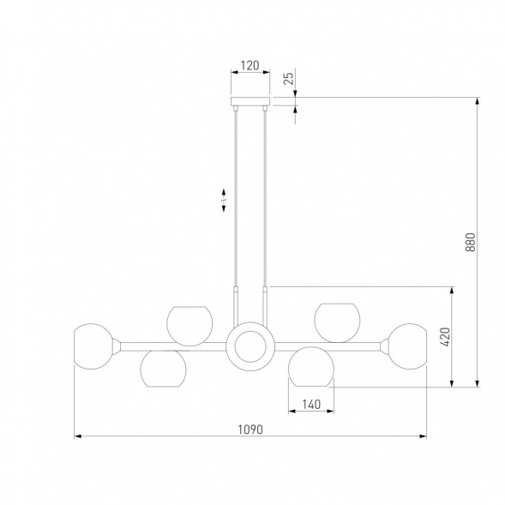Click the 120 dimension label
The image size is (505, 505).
249,65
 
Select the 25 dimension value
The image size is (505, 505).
290,78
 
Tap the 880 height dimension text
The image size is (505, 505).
470,242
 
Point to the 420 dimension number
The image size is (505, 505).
445,337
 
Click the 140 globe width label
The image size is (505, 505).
311,404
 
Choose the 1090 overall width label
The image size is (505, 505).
250,430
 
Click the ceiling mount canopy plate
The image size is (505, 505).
250,101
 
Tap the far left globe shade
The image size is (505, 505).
93,346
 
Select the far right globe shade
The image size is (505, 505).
407,346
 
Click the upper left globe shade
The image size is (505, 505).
189,326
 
